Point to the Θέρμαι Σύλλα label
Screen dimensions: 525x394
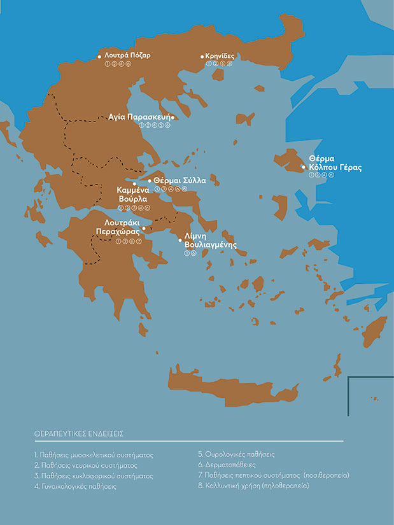pos(179,180)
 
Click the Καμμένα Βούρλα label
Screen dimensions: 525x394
pos(133,194)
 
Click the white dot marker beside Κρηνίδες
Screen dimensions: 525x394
pos(202,56)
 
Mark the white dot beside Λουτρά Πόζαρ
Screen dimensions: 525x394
pos(99,57)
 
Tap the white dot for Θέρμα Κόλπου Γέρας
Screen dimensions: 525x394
pos(303,167)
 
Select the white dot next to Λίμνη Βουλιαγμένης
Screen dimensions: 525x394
pos(179,241)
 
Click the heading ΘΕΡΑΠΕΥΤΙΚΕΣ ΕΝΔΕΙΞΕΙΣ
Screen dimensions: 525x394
pos(79,433)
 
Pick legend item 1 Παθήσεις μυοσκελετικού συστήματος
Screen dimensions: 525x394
pos(94,456)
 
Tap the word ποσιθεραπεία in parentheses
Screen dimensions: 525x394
pos(327,475)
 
